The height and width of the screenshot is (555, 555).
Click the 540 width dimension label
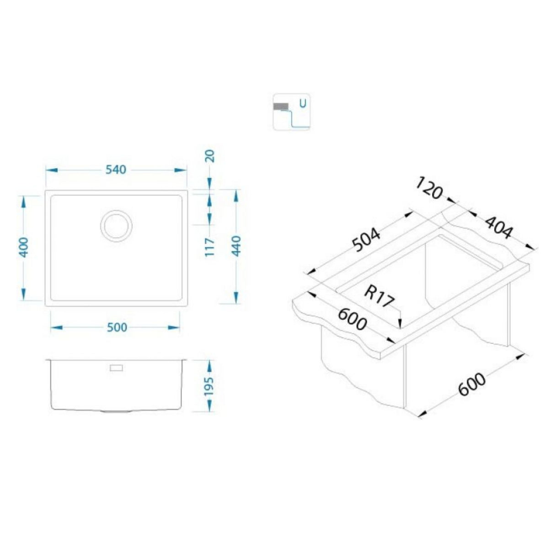point(116,170)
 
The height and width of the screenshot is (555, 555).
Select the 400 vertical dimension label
point(24,247)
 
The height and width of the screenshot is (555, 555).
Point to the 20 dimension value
point(210,157)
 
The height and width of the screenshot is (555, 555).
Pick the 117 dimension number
point(210,247)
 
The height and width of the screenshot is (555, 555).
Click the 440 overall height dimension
point(236,247)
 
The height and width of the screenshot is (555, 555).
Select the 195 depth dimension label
point(210,387)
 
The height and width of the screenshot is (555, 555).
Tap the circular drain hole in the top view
point(116,225)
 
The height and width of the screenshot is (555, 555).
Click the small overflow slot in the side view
point(116,368)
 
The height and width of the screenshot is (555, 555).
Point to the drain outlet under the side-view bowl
point(116,411)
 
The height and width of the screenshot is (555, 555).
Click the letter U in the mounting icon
point(302,102)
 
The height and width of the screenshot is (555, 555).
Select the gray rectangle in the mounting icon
point(280,106)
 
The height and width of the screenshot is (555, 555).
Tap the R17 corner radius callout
point(379,297)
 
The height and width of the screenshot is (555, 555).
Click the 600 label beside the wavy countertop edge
point(352,318)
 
